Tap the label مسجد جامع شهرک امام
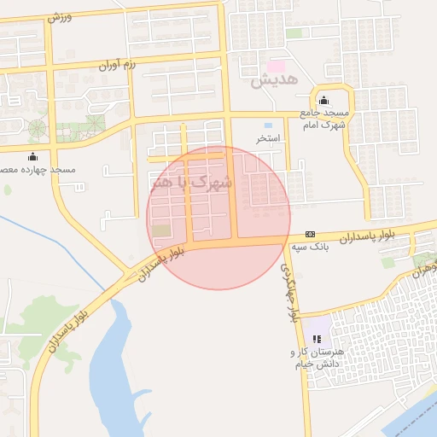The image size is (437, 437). pyautogui.click(x=322, y=118)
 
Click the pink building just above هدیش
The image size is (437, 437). pyautogui.click(x=276, y=66)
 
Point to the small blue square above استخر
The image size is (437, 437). pyautogui.click(x=268, y=125)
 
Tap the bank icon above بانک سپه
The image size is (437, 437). pyautogui.click(x=310, y=234)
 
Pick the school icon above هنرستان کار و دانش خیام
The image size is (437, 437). pyautogui.click(x=318, y=340)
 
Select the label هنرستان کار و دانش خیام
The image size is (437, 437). pyautogui.click(x=317, y=358)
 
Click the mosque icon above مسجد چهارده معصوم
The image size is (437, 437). pyautogui.click(x=33, y=157)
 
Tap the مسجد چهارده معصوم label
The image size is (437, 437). pyautogui.click(x=39, y=170)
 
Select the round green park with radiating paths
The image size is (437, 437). pyautogui.click(x=37, y=130)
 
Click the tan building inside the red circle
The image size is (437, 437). pyautogui.click(x=160, y=230)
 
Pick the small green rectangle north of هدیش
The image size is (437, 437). pyautogui.click(x=294, y=33)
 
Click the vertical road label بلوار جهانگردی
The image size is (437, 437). pyautogui.click(x=289, y=291)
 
